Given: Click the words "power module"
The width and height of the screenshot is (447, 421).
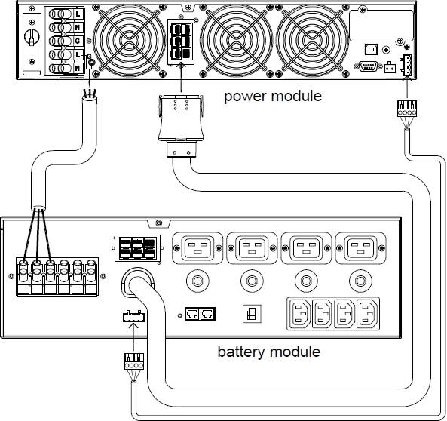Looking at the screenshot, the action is (x=273, y=97).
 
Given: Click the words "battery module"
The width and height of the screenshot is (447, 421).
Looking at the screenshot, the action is (x=269, y=352).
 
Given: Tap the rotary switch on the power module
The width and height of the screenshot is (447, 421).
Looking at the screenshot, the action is (x=31, y=38).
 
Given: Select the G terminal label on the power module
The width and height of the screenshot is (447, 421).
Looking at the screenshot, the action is (x=77, y=41).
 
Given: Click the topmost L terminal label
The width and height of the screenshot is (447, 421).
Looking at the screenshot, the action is (x=78, y=14).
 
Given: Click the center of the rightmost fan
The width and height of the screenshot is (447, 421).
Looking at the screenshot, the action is (x=311, y=40).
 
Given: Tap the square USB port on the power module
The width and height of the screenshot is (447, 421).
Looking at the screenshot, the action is (x=371, y=49).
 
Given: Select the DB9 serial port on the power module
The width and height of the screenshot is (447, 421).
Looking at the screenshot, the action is (x=368, y=66).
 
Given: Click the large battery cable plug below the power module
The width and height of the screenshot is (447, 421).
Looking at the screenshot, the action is (x=181, y=125).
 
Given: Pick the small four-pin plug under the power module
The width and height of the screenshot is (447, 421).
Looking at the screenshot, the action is (x=407, y=109).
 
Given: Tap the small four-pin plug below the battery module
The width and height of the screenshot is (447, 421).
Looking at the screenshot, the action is (x=134, y=361).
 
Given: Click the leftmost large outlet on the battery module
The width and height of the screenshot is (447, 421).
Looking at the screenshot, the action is (x=197, y=248).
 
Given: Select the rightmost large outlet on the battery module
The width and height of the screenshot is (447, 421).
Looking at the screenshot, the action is (x=361, y=248).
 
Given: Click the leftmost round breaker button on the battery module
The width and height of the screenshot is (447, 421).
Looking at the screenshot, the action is (x=197, y=281).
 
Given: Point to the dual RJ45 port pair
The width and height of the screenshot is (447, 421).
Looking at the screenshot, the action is (x=200, y=314).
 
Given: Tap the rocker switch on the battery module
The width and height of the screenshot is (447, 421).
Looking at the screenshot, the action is (x=252, y=314).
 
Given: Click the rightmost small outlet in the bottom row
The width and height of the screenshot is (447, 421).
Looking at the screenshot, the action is (x=368, y=314).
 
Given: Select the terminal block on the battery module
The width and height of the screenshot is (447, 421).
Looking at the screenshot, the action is (x=57, y=276).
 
